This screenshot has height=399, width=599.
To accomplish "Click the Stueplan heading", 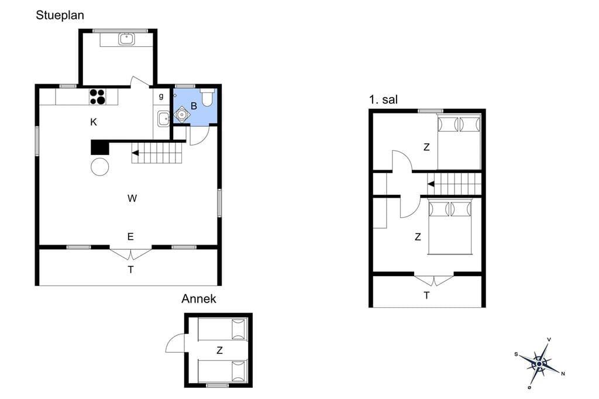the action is (x=60, y=15).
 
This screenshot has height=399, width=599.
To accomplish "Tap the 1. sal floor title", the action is (x=383, y=99).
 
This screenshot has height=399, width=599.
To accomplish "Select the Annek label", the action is (x=199, y=298).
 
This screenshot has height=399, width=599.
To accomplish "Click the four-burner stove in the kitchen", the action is (x=98, y=97).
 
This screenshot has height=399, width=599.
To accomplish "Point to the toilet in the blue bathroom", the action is (x=206, y=97).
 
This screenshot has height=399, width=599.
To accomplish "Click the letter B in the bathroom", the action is (x=194, y=106).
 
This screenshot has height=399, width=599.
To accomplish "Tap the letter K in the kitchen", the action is (x=94, y=122).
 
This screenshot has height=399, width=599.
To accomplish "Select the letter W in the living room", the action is (x=132, y=198).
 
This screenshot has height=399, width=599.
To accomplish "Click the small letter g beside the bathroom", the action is (x=161, y=96).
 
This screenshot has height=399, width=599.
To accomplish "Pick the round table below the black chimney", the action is (x=99, y=167).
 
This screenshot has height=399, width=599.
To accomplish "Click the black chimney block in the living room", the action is (x=100, y=147).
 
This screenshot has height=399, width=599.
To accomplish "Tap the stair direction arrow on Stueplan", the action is (x=135, y=153).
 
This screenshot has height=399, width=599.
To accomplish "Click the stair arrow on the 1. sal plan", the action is (x=431, y=184).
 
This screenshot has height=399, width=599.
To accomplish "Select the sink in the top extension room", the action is (x=126, y=39).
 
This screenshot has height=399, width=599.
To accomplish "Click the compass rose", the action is (x=539, y=363).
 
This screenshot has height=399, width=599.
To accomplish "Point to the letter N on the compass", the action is (x=563, y=373).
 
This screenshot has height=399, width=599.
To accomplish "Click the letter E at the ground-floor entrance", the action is (x=130, y=236).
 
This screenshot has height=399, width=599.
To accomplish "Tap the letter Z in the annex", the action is (x=220, y=350).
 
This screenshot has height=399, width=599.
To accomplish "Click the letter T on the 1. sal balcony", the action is (x=426, y=295).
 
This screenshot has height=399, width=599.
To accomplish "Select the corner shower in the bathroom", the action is (x=182, y=114).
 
